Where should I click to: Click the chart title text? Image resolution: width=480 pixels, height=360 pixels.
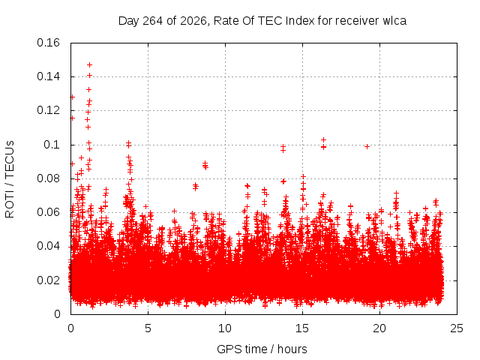[262, 21]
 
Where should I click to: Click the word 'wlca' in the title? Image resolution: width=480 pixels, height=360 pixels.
[394, 21]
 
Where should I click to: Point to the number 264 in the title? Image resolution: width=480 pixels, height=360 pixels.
[153, 21]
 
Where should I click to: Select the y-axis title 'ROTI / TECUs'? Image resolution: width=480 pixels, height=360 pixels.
[10, 179]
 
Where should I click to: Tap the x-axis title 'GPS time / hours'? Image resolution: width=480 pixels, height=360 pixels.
[262, 349]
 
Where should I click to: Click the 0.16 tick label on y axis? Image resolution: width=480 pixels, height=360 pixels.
[48, 43]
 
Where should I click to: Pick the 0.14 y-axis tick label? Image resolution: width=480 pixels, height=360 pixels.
[48, 76]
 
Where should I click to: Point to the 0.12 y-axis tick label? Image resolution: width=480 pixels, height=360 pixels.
[48, 110]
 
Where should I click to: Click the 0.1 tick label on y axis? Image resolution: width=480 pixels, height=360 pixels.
[52, 145]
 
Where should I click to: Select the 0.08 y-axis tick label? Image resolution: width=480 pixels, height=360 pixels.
[48, 178]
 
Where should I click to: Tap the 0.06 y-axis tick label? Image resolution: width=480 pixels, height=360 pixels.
[48, 212]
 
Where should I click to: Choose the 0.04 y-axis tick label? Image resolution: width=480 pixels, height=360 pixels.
[48, 246]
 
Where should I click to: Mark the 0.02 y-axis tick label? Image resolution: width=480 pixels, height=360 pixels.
[48, 280]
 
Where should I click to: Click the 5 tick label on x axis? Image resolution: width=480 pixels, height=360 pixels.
[148, 328]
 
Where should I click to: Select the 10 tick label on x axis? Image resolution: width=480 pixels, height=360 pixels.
[225, 328]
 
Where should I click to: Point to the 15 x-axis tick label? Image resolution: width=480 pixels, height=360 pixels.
[302, 328]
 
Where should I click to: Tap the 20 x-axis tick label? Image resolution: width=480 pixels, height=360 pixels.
[379, 328]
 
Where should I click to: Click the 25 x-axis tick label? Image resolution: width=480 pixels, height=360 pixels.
[457, 328]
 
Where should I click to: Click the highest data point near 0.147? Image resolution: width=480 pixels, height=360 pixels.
[89, 65]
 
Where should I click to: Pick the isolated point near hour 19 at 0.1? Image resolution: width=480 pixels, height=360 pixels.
[367, 147]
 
